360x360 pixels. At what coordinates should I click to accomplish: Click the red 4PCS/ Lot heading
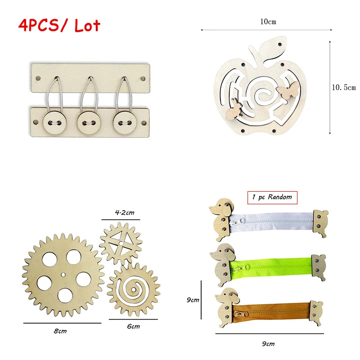pyautogui.click(x=59, y=25)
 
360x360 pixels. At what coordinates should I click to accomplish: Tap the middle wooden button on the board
pyautogui.click(x=89, y=123)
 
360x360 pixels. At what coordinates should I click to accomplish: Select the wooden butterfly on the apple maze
pyautogui.click(x=288, y=90)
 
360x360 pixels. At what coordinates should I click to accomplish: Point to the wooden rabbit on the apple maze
pyautogui.click(x=234, y=109)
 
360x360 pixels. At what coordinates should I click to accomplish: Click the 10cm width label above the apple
pyautogui.click(x=268, y=22)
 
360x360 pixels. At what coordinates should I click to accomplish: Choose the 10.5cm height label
pyautogui.click(x=344, y=87)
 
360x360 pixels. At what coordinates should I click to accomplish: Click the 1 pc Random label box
pyautogui.click(x=272, y=198)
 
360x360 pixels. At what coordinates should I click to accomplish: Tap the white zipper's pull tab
pyautogui.click(x=237, y=222)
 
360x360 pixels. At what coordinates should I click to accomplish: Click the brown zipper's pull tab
pyautogui.click(x=241, y=314)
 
